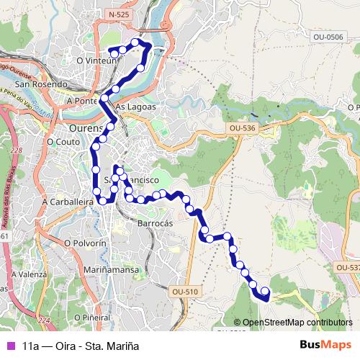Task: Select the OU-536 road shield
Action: tap(242, 127)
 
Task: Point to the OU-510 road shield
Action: tap(185, 292)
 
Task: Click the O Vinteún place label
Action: tap(96, 61)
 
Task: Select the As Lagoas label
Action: tap(135, 106)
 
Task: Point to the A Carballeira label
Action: tap(68, 202)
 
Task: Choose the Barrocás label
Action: tap(155, 224)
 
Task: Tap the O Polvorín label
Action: tap(85, 243)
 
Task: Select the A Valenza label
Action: tap(30, 274)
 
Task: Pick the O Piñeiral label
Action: tap(91, 317)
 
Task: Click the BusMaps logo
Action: tap(325, 345)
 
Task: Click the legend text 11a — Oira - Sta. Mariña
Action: tap(81, 346)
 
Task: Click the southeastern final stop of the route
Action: tap(264, 292)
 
